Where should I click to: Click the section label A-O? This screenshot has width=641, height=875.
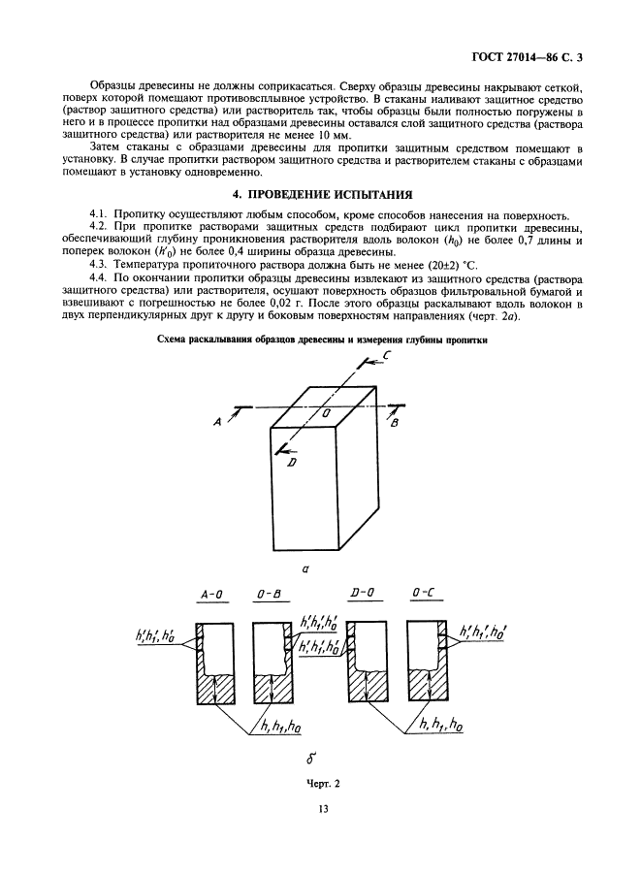(x=211, y=594)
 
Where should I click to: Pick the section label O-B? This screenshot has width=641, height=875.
(x=269, y=594)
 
